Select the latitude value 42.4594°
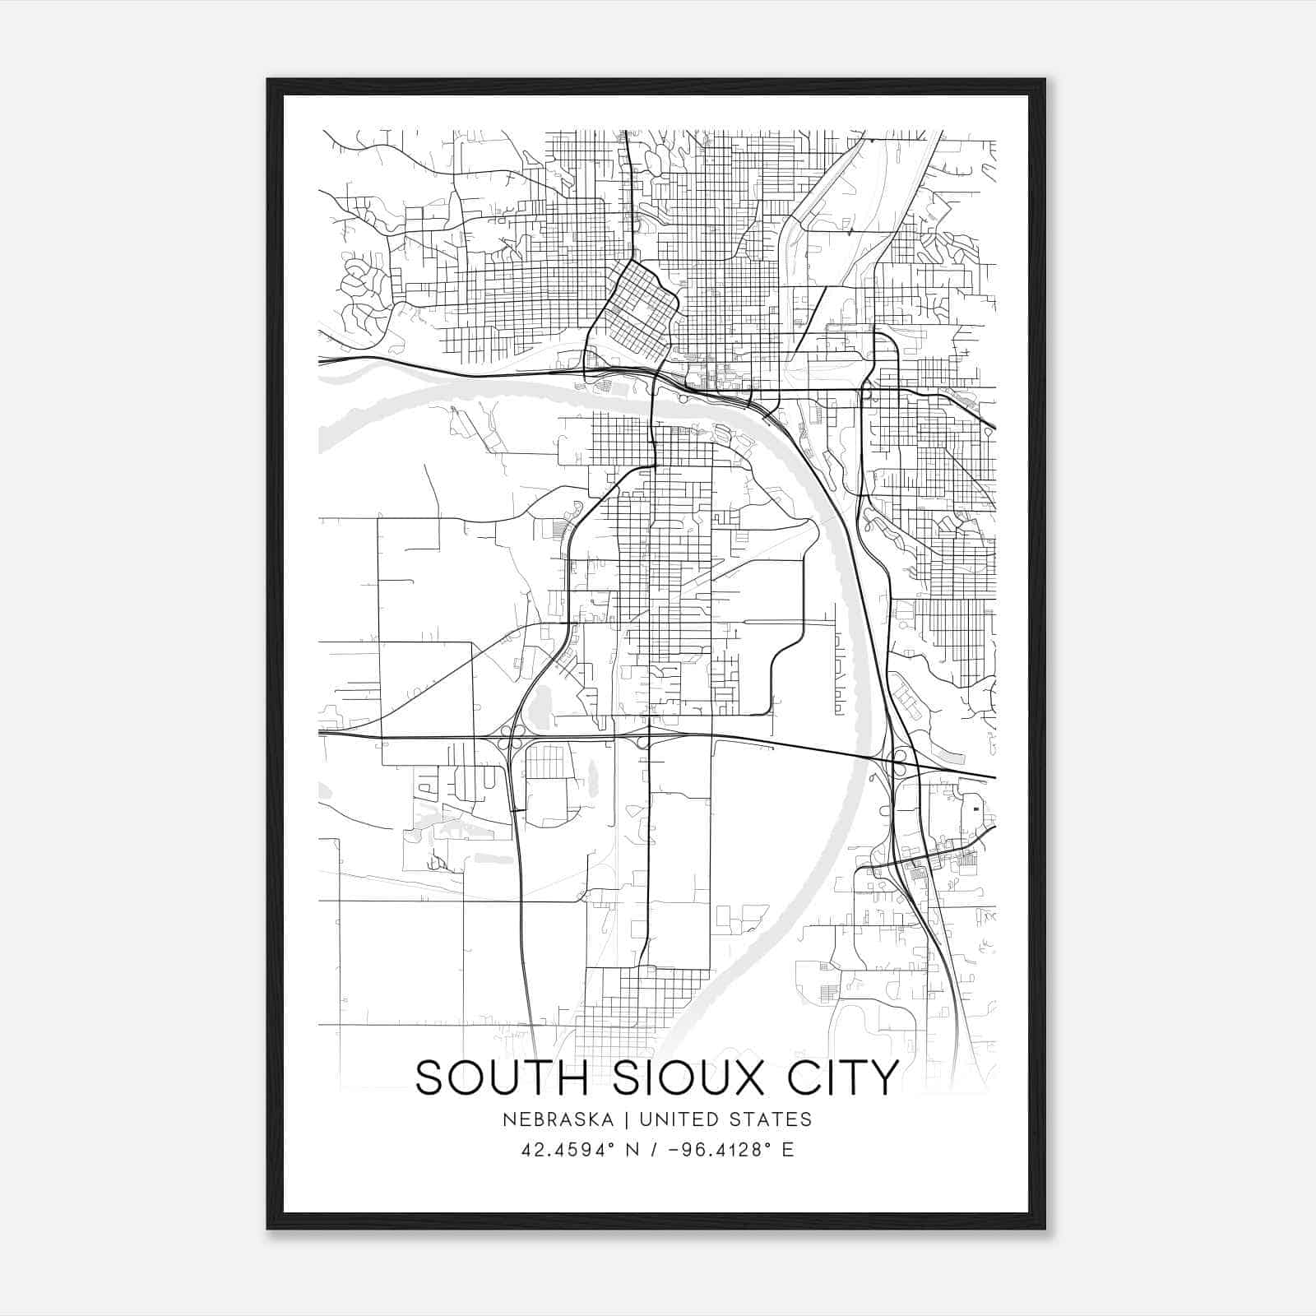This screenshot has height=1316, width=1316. tap(568, 1149)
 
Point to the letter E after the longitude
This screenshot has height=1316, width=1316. tap(788, 1149)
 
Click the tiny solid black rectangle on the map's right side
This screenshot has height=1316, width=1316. tap(976, 809)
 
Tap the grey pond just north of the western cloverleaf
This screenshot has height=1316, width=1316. tap(539, 707)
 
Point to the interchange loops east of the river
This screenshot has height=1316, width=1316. tap(898, 762)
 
